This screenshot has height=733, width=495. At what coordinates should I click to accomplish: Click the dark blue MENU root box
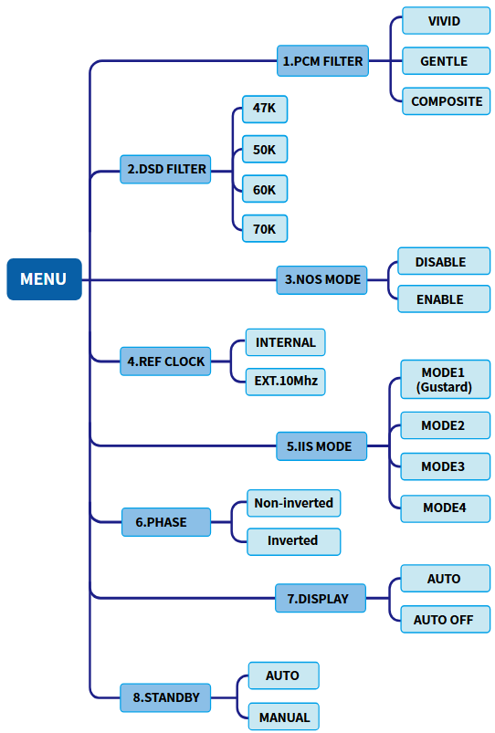(x=44, y=279)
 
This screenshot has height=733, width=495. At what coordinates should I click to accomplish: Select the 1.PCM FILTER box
(x=322, y=61)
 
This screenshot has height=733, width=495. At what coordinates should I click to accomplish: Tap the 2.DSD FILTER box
(x=165, y=169)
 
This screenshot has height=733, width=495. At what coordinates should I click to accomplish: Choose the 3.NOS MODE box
(x=321, y=280)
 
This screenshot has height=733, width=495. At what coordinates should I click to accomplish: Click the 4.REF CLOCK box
(x=165, y=361)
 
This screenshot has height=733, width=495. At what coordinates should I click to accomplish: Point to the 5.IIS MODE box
(x=321, y=446)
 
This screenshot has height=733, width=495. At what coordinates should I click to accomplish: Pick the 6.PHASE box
(x=166, y=522)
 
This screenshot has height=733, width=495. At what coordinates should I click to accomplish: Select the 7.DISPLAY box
(x=321, y=598)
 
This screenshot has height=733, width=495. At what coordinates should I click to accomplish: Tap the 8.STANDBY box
(x=165, y=698)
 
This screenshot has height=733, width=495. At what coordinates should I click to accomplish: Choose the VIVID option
(x=447, y=21)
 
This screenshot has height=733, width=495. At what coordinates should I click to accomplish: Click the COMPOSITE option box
(x=447, y=101)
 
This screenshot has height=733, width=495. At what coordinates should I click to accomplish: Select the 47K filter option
(x=265, y=110)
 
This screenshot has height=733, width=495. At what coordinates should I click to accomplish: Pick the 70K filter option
(x=265, y=228)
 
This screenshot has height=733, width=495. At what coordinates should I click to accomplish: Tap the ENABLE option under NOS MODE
(x=444, y=299)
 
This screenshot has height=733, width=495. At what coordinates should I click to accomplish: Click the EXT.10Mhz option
(x=285, y=382)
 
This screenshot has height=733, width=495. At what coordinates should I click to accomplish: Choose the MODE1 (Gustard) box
(x=446, y=379)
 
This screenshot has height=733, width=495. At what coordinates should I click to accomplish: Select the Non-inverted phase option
(x=294, y=503)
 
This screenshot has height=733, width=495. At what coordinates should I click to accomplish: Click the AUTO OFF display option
(x=446, y=620)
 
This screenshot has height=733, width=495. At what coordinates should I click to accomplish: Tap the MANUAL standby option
(x=284, y=717)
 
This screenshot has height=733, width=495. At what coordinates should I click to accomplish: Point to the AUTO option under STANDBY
(x=284, y=675)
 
